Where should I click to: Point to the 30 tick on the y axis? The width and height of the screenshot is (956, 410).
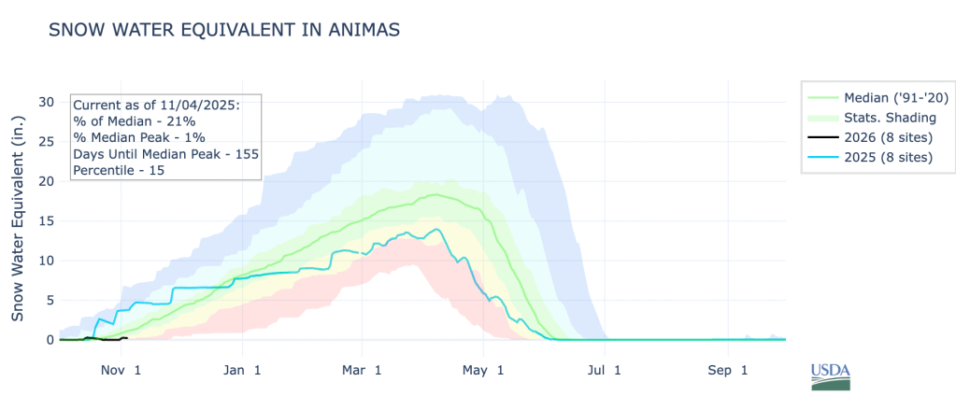tap(46, 101)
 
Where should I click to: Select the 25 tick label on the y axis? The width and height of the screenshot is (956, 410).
tap(46, 141)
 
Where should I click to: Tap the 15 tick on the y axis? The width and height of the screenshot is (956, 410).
tap(46, 220)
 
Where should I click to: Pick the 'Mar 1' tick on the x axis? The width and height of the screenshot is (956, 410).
tap(363, 370)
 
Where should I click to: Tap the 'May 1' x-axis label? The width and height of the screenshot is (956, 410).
tap(484, 370)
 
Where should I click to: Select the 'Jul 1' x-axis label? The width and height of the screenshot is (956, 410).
tap(606, 370)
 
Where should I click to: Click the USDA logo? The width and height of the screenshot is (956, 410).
tap(831, 375)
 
